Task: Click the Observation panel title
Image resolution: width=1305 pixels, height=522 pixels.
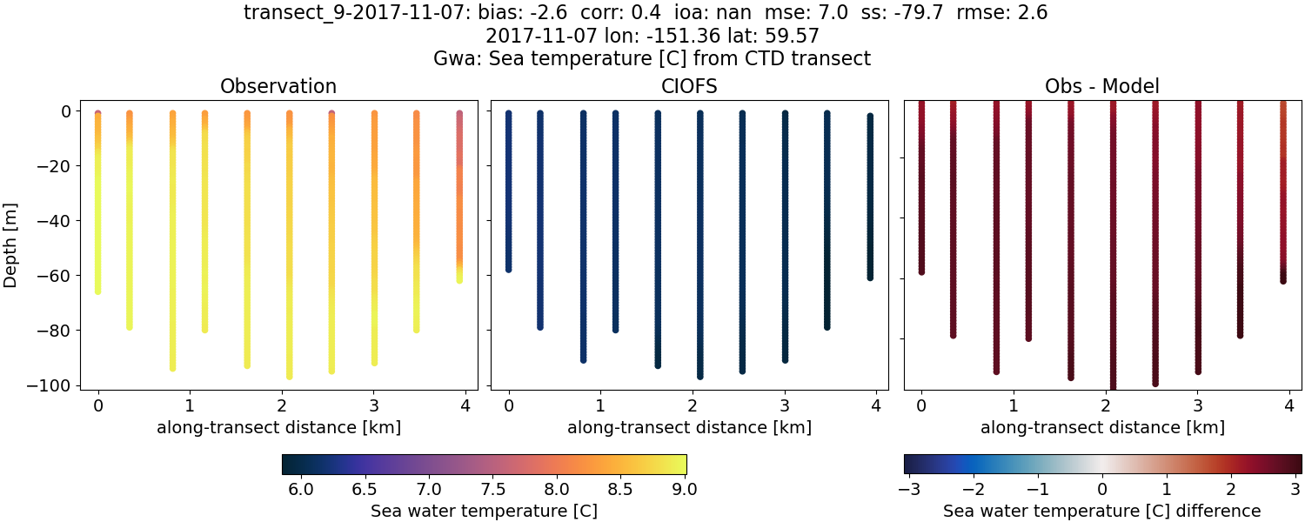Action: point(278,86)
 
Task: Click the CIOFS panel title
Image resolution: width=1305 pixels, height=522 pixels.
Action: point(689,86)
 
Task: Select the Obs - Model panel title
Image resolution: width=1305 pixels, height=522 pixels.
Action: point(1102,86)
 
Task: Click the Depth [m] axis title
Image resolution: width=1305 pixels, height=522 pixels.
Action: point(11,248)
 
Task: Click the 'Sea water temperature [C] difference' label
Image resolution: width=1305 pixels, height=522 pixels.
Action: point(1102,511)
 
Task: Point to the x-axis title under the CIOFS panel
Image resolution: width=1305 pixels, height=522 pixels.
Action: point(689,427)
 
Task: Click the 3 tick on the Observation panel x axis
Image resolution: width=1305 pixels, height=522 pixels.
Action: point(374,405)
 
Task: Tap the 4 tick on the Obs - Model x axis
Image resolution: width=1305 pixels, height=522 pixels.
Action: point(1289,405)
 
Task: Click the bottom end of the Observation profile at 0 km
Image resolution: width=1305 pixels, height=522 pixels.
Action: point(97,291)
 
